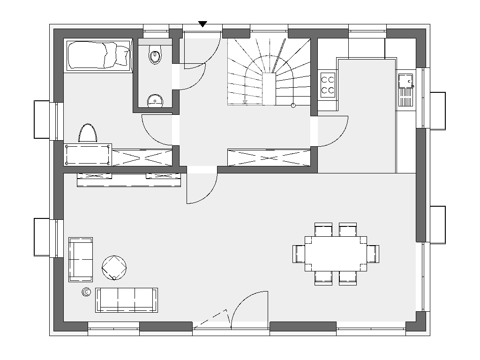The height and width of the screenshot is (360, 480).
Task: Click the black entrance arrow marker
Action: (202, 24)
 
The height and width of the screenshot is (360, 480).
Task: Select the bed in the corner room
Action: (98, 55)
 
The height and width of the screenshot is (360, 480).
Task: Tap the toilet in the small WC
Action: (155, 56)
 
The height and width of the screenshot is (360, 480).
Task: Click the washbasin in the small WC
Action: (154, 100)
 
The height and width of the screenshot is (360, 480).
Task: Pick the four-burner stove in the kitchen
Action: (328, 84)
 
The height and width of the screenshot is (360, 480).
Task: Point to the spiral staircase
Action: (269, 73)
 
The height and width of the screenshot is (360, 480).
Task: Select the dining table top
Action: (336, 254)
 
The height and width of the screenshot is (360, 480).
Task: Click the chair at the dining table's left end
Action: (299, 254)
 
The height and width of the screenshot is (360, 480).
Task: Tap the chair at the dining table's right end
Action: (373, 254)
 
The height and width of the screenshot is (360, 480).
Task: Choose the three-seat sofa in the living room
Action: (127, 300)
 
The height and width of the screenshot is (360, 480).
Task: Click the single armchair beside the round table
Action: (80, 260)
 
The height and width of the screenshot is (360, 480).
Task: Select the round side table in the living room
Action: (115, 268)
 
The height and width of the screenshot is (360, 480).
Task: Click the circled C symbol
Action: (86, 292)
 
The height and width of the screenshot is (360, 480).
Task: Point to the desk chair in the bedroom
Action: (88, 133)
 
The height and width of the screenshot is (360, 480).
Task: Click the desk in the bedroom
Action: (88, 154)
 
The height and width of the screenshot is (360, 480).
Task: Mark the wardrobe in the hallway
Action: (269, 157)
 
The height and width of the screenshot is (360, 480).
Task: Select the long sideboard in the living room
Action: (129, 180)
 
